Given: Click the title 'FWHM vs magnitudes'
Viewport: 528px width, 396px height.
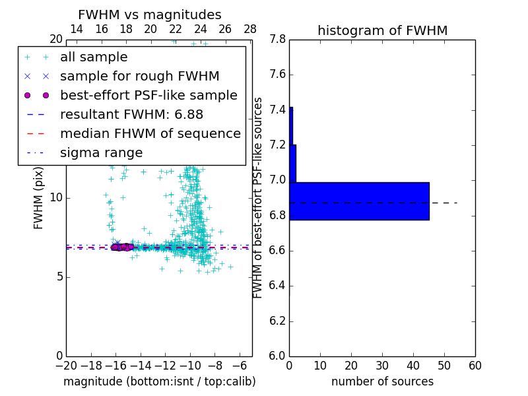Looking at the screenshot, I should click(x=150, y=15).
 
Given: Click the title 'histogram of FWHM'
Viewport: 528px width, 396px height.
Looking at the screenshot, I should click(x=382, y=30).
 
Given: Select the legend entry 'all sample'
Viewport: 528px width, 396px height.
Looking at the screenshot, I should click(x=94, y=57).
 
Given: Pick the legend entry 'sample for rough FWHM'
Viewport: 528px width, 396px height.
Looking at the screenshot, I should click(x=140, y=77).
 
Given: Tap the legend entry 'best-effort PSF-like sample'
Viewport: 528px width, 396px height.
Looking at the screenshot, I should click(x=148, y=95).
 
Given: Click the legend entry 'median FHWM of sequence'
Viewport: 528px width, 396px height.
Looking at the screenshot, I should click(x=150, y=133).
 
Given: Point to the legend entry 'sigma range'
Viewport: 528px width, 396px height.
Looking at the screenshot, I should click(x=101, y=152).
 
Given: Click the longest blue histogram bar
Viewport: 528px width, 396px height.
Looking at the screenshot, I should click(x=359, y=201).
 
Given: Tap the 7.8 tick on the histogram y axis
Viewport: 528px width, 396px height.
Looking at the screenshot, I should click(x=277, y=40).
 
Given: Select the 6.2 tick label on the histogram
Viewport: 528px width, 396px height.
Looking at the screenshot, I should click(x=277, y=321).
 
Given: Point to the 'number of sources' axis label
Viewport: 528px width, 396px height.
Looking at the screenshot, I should click(x=382, y=381).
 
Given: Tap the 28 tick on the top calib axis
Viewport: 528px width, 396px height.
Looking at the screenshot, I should click(x=250, y=29).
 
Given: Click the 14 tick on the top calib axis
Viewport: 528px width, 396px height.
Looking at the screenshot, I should click(x=77, y=29).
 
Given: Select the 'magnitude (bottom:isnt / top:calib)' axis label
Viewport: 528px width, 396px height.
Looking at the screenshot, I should click(x=159, y=381).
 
